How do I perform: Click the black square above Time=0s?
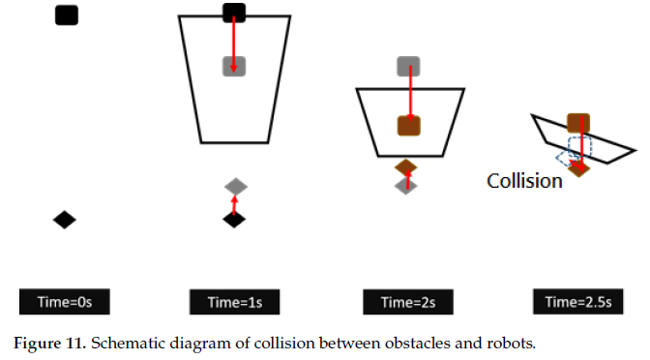click(x=66, y=15)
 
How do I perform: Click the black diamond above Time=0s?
click(x=64, y=220)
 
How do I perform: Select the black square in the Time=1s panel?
click(x=234, y=13)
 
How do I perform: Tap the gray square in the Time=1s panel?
click(x=234, y=66)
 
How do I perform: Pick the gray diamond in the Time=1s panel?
click(x=235, y=186)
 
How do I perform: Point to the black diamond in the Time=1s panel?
click(x=234, y=219)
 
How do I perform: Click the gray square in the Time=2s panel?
click(x=408, y=67)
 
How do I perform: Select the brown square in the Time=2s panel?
click(x=408, y=126)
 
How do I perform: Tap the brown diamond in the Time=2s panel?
click(x=407, y=166)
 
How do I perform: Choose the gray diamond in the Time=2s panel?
click(x=407, y=185)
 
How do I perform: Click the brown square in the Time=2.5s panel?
click(x=578, y=123)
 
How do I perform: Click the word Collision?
click(x=524, y=180)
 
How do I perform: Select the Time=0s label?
click(x=64, y=302)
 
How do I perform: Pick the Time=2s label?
click(x=408, y=302)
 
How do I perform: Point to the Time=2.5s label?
click(x=578, y=302)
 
